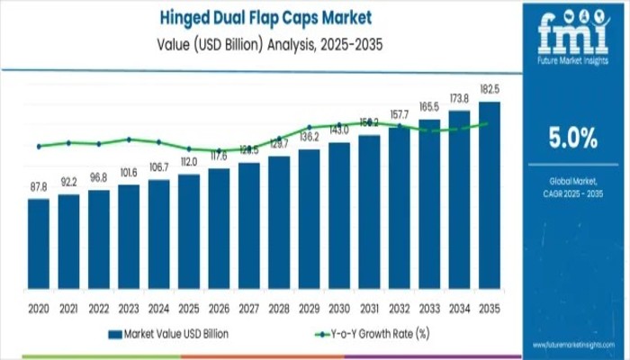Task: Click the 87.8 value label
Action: (39, 187)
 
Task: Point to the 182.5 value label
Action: (490, 90)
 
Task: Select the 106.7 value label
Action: (158, 167)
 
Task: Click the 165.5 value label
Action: (429, 107)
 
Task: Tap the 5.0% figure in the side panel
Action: (573, 138)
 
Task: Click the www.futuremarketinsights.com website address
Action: (573, 344)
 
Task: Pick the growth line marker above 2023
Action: (129, 139)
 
